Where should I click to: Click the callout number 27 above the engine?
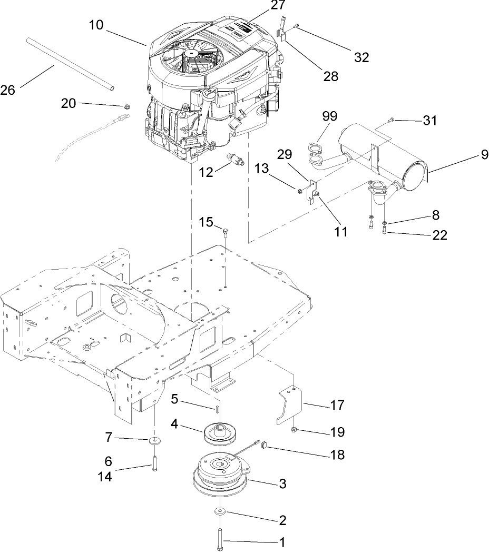point(277,6)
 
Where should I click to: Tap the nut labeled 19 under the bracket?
point(294,431)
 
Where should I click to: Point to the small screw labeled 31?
point(390,121)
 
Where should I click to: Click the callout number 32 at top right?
point(361,57)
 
